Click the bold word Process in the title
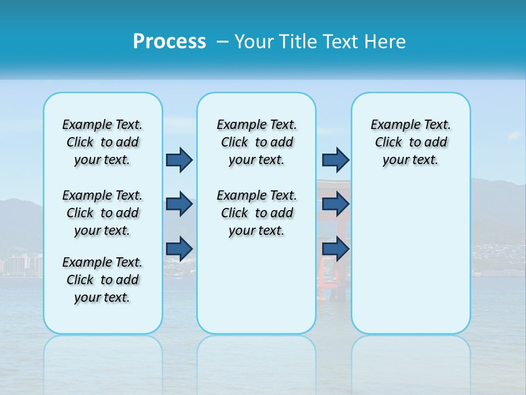[x=169, y=42]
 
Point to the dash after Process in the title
[x=222, y=42]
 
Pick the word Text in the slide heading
[x=342, y=42]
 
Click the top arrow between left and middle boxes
[x=179, y=160]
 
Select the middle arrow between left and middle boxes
[x=179, y=204]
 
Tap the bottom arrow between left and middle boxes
[x=179, y=249]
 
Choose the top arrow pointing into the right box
[x=335, y=160]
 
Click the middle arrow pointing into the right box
[x=335, y=204]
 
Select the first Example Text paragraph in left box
[x=102, y=142]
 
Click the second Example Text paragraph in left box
[x=102, y=213]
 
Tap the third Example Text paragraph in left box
[x=102, y=280]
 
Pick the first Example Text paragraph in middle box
[x=256, y=142]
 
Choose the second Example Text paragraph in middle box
[x=256, y=213]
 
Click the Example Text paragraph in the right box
[x=410, y=142]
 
